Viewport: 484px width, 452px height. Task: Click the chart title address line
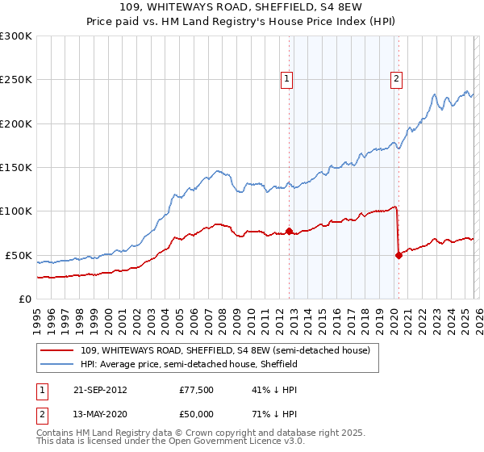241,7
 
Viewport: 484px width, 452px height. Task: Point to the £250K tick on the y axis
16,80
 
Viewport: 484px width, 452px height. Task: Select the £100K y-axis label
16,211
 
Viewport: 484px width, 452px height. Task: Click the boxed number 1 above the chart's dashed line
287,79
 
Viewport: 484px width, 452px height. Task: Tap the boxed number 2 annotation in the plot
397,79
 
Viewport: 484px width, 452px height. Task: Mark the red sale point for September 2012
289,232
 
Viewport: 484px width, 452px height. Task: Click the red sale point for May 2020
398,255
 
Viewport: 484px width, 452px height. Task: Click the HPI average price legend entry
189,365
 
